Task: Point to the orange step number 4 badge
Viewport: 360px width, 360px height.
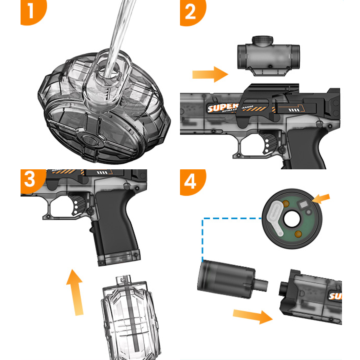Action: [x=192, y=182]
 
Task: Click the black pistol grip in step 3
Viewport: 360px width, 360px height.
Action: [x=115, y=227]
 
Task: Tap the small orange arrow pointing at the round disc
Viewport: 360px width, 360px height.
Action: [x=321, y=199]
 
